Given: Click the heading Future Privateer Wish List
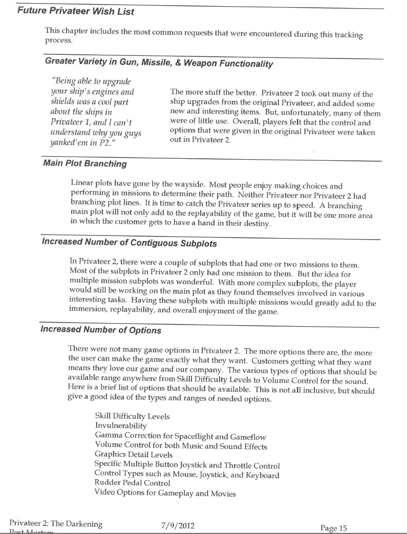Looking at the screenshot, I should click(76, 10).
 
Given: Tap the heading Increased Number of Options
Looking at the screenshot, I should click(101, 330).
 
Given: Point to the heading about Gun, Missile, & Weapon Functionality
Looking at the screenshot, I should click(158, 64).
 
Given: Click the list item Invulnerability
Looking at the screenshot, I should click(121, 425).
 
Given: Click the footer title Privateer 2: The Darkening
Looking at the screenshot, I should click(56, 524).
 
